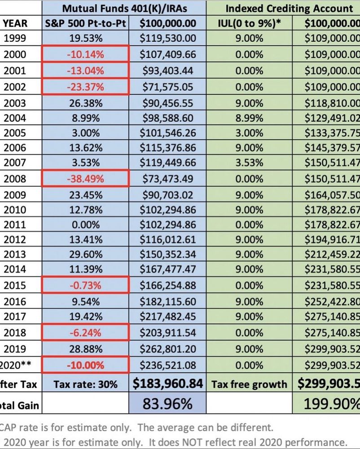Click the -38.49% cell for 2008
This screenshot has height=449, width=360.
point(85,179)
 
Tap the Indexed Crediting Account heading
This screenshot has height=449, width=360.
point(289,8)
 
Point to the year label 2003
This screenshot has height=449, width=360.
point(15,103)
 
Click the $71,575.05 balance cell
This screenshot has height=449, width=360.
point(167,87)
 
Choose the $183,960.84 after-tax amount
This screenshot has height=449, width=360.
point(167,384)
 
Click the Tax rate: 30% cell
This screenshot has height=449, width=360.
point(85,384)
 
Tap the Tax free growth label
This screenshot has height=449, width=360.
point(249,384)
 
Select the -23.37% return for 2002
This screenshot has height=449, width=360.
point(85,87)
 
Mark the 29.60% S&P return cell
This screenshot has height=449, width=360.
point(85,254)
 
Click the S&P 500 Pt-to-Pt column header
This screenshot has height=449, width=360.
point(85,23)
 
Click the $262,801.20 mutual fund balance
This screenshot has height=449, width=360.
point(167,348)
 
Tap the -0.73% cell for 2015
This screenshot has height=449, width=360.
point(85,286)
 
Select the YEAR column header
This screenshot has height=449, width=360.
point(15,23)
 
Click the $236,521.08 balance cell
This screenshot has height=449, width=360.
point(167,364)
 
